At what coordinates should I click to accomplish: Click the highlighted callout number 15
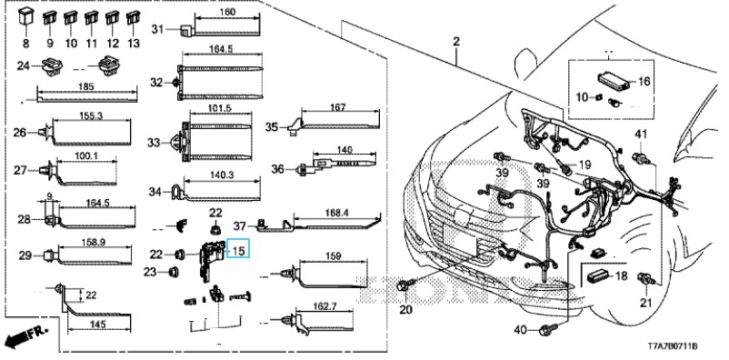click(x=238, y=251)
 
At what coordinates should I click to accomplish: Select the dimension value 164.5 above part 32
click(x=221, y=48)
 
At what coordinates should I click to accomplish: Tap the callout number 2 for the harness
click(x=456, y=42)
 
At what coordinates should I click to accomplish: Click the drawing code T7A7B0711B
click(x=674, y=346)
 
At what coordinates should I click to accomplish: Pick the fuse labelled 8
click(x=25, y=18)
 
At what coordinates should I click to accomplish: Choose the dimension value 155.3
click(x=91, y=115)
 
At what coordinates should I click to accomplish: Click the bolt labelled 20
click(x=404, y=286)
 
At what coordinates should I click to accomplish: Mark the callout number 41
click(x=641, y=135)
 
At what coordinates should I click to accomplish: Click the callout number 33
click(x=154, y=143)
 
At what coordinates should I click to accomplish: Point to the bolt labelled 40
click(x=544, y=331)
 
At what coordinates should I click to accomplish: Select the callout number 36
click(x=277, y=169)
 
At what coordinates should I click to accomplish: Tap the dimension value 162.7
click(x=325, y=306)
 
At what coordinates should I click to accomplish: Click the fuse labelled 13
click(x=133, y=18)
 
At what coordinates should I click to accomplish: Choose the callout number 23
click(x=150, y=272)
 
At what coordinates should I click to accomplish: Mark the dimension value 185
click(x=87, y=86)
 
